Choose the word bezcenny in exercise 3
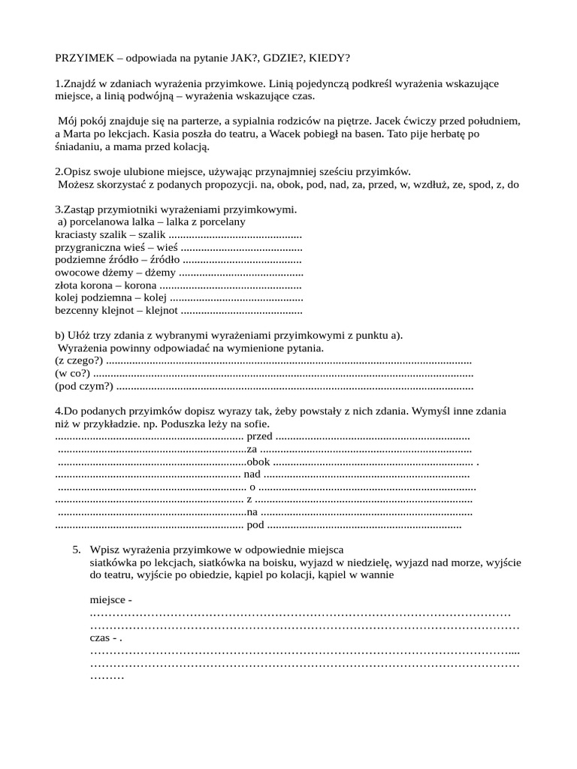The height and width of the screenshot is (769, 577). click(x=77, y=309)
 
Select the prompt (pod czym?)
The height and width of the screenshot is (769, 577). click(x=84, y=386)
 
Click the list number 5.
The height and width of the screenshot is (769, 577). click(x=77, y=550)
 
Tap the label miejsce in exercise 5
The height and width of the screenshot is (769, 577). click(x=108, y=600)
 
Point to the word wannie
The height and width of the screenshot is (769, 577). click(x=376, y=575)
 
